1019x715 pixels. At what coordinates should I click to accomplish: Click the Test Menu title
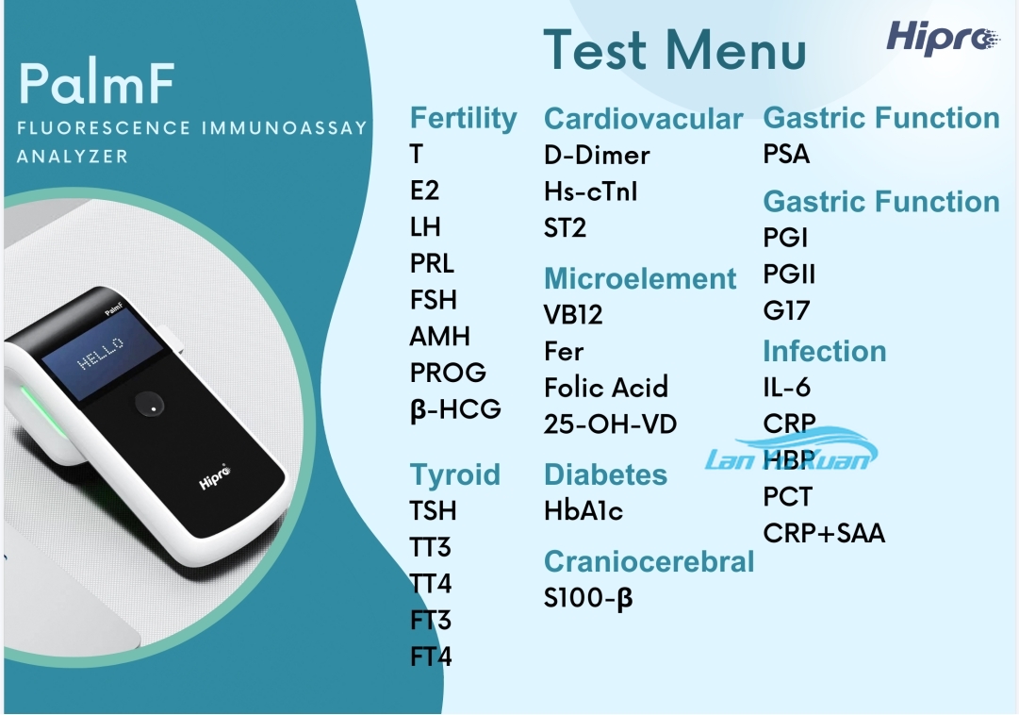675,50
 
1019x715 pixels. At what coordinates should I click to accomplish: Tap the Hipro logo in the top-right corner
942,37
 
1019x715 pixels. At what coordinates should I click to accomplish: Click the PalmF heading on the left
97,83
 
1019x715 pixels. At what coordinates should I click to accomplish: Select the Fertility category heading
464,119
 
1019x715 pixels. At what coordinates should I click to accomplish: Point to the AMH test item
440,337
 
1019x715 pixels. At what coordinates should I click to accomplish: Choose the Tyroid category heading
455,475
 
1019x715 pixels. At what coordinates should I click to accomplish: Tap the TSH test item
433,510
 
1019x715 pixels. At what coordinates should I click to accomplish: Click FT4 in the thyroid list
431,657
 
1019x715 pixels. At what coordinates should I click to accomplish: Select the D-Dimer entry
597,155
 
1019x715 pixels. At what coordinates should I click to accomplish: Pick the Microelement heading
640,278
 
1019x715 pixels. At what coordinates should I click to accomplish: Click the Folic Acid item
606,388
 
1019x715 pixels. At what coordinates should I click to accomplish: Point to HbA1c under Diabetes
583,511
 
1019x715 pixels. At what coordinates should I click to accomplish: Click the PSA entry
786,154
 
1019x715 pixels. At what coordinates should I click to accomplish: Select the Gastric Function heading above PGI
881,202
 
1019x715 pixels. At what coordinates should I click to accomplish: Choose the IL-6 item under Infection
786,388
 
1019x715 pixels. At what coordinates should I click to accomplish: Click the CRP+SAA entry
824,534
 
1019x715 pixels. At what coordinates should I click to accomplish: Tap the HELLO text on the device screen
101,354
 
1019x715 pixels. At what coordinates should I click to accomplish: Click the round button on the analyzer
149,405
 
